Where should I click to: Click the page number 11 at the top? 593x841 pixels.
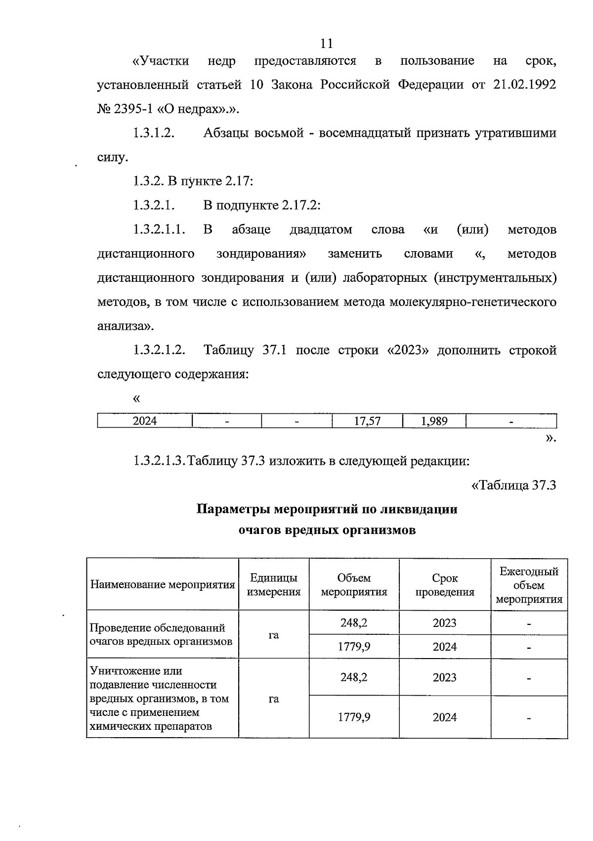tap(326, 44)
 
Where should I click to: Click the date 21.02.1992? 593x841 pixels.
tap(525, 85)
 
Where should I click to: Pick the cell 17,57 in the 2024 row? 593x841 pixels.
tap(367, 421)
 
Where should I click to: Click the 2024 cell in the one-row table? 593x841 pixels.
tap(145, 421)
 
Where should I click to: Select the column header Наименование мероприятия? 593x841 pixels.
tap(163, 585)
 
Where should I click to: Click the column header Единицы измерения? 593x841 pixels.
tap(274, 585)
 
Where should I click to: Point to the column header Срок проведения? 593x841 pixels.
tap(445, 585)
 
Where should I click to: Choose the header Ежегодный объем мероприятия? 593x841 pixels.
tap(529, 585)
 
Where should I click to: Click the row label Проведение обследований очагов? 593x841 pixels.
tap(157, 634)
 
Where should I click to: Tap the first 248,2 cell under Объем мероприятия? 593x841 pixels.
tap(354, 623)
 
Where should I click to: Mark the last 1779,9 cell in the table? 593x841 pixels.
tap(354, 717)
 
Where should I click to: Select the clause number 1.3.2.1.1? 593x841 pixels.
tap(159, 230)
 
